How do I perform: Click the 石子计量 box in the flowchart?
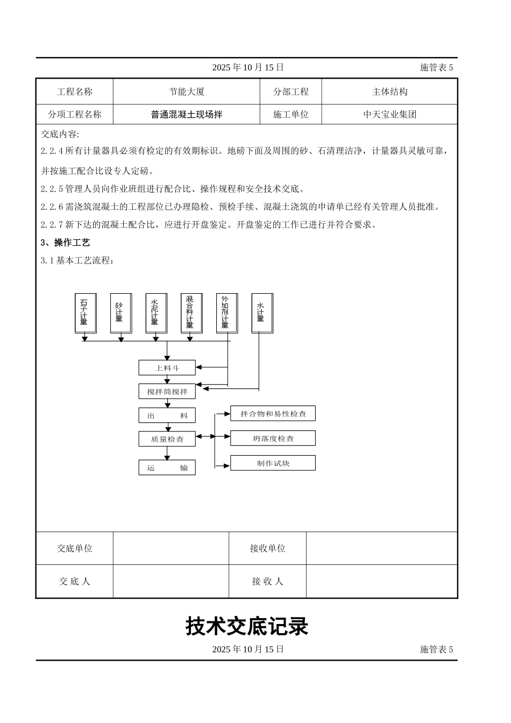click(x=85, y=313)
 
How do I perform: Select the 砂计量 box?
click(x=120, y=313)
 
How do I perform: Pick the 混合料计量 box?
click(x=191, y=313)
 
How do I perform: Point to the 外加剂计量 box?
click(x=226, y=313)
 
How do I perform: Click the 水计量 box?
click(x=262, y=313)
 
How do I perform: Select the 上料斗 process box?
click(x=167, y=368)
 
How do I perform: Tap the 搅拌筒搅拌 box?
click(x=167, y=392)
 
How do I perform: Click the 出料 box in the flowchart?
click(x=167, y=415)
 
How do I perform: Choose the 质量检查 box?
click(x=167, y=439)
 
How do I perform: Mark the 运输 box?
click(x=167, y=468)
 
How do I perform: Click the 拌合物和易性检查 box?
click(x=273, y=414)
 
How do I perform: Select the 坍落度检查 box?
click(x=273, y=438)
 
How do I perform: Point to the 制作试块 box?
click(x=273, y=463)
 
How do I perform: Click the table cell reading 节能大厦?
click(x=187, y=92)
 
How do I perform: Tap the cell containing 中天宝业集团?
click(x=389, y=115)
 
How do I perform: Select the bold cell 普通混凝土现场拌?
click(x=187, y=115)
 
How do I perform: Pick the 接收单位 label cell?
click(x=267, y=548)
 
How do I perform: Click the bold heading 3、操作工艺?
click(x=66, y=243)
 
